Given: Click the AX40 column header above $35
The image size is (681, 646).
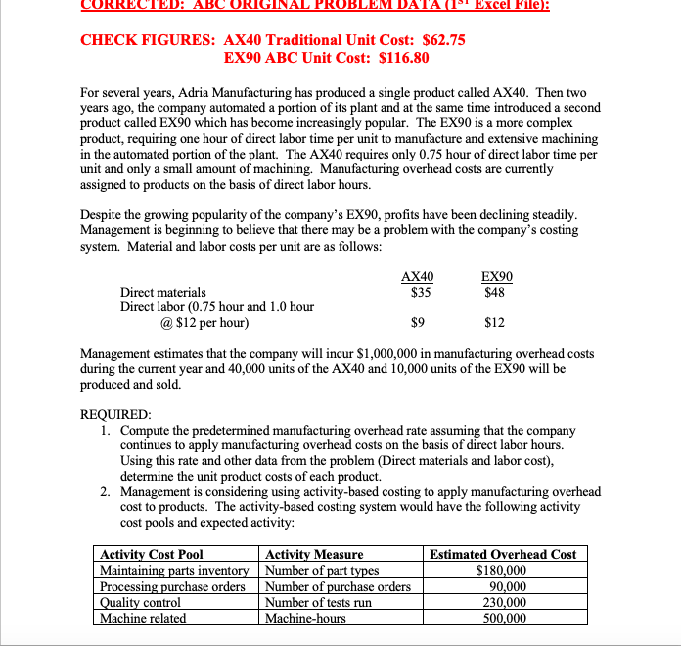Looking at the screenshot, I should click(x=418, y=276).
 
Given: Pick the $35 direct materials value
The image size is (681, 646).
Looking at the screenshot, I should click(x=418, y=291).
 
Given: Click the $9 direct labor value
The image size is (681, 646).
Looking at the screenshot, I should click(x=418, y=322).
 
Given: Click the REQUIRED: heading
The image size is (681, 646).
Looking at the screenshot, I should click(x=115, y=414).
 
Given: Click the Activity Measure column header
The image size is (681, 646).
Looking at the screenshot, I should click(x=314, y=555).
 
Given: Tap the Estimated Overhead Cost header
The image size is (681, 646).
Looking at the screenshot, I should click(x=503, y=555).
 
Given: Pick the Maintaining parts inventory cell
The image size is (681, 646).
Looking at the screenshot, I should click(x=174, y=571).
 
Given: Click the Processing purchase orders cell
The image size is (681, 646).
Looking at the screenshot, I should click(x=172, y=586).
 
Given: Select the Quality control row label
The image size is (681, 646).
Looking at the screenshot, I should click(x=141, y=602).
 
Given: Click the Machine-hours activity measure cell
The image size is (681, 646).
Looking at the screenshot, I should click(x=305, y=618).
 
